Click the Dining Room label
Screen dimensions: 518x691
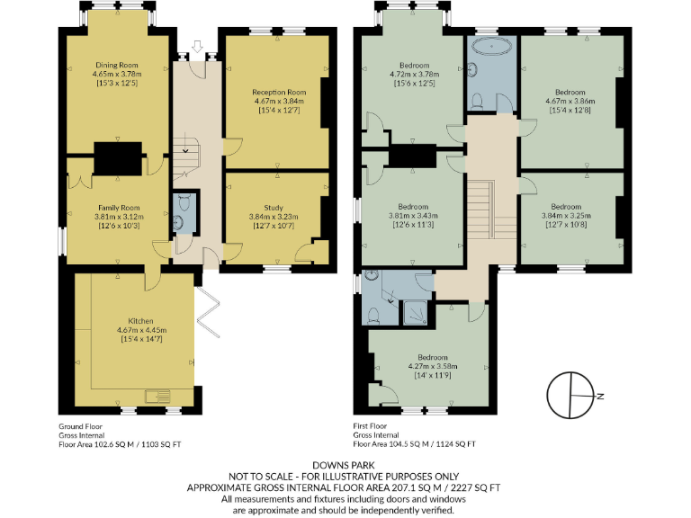120,65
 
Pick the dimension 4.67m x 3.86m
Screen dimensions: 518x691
570,103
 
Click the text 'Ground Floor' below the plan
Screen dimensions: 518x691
80,426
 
